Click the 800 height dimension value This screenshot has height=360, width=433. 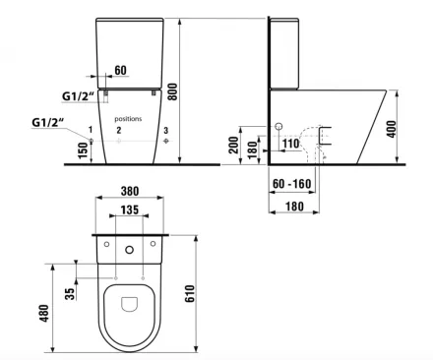point(173,92)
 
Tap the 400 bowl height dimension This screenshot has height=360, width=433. point(392,129)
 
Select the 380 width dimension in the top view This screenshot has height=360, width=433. point(130,191)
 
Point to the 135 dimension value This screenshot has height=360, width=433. point(130,210)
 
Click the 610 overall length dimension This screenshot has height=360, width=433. point(190,294)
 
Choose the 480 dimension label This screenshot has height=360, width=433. point(44,313)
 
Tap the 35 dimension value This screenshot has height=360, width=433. point(70,294)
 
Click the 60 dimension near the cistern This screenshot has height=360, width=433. point(121,70)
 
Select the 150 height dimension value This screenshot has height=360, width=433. point(84,150)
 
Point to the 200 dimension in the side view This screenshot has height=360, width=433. point(234,146)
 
